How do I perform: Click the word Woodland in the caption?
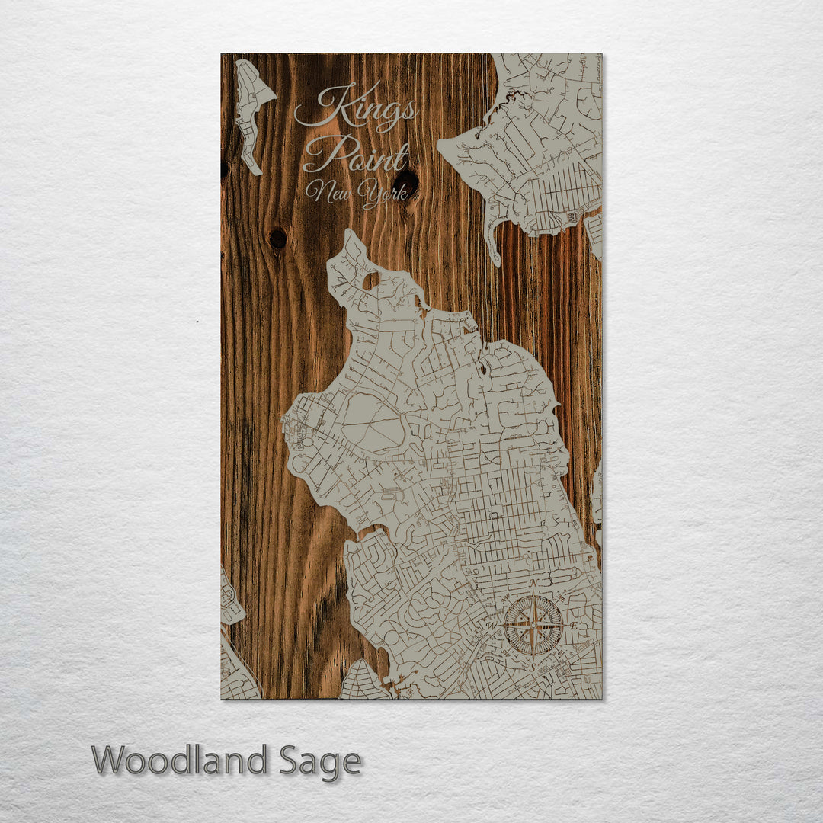pos(180,761)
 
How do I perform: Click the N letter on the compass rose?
pos(534,584)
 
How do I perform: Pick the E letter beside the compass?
pos(574,626)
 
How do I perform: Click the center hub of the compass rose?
pos(533,626)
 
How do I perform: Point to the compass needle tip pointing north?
pos(533,599)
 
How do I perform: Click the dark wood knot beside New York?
pos(407,183)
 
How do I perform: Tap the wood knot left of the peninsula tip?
pos(278,239)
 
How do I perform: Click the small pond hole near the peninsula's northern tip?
pos(371,281)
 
